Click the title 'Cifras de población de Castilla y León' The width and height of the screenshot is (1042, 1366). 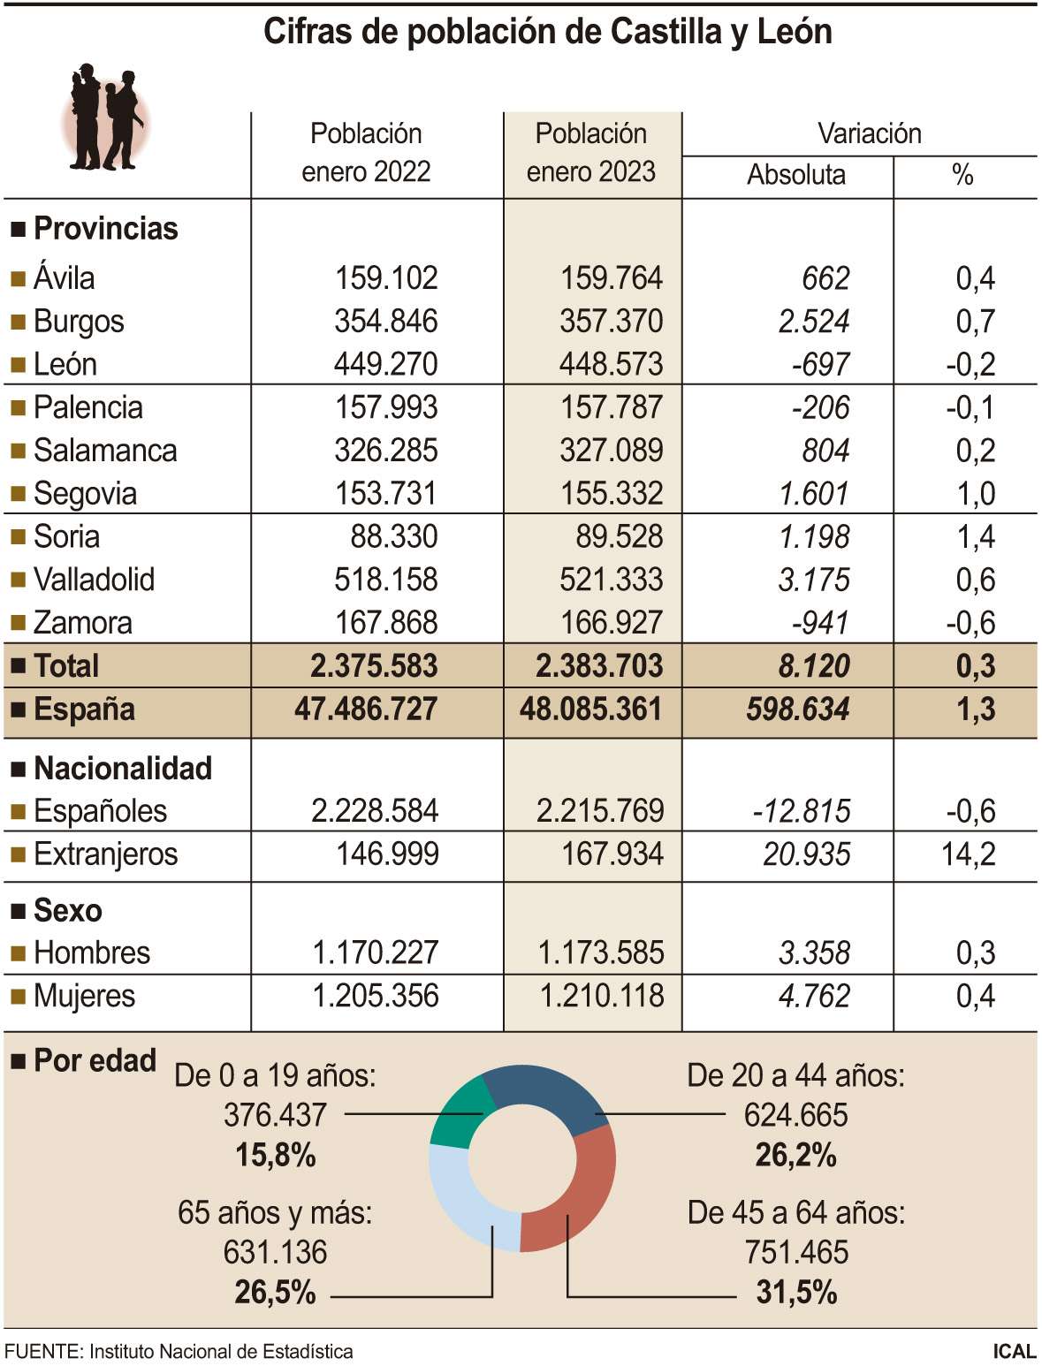click(x=548, y=33)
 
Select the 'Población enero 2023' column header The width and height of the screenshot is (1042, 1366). click(x=591, y=152)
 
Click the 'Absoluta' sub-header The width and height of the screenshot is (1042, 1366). click(x=795, y=175)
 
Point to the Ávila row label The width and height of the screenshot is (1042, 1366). click(x=64, y=278)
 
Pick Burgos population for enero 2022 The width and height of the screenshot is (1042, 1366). click(x=385, y=321)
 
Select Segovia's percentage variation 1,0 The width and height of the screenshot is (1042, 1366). click(x=975, y=493)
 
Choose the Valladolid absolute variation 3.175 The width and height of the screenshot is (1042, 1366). click(x=813, y=580)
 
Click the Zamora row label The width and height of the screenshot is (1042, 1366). click(x=82, y=623)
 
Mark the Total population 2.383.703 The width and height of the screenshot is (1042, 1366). click(x=598, y=666)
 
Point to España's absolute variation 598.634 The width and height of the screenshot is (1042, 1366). click(x=797, y=710)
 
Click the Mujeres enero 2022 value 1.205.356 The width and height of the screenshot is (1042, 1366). click(x=376, y=996)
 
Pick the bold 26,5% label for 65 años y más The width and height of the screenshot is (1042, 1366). click(x=275, y=1293)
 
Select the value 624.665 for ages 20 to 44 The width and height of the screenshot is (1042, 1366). click(x=795, y=1115)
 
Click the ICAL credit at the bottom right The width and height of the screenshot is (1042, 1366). click(x=1014, y=1351)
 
